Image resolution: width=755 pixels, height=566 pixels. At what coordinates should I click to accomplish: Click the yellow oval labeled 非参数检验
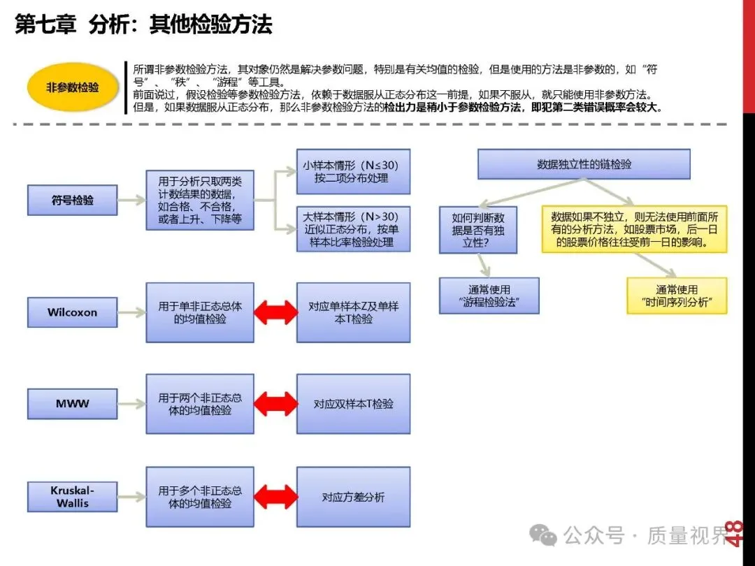[73, 88]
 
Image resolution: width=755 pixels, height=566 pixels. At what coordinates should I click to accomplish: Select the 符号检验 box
[72, 201]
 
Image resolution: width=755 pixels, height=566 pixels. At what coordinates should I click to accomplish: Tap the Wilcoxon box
[72, 312]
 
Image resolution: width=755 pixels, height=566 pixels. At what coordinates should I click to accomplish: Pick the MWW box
[72, 404]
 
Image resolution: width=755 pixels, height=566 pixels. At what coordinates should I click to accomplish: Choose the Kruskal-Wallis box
[72, 497]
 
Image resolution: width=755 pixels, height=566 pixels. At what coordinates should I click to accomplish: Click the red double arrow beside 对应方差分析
[275, 497]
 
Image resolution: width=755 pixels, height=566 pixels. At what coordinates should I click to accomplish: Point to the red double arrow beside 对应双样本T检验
[275, 404]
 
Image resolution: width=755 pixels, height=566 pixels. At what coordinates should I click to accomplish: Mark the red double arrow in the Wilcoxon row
[275, 312]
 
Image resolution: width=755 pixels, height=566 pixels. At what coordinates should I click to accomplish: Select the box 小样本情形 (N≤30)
[353, 172]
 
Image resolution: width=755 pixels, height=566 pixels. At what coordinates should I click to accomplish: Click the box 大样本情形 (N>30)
[353, 228]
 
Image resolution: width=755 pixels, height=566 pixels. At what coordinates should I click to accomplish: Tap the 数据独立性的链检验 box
[584, 165]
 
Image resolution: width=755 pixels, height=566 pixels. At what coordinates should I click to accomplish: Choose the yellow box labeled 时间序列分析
[677, 296]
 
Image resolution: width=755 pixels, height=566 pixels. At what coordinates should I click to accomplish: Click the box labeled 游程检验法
[489, 296]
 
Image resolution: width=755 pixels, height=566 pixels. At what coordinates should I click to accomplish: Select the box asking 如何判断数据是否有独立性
[478, 230]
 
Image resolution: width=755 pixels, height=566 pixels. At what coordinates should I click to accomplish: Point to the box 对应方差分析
[353, 497]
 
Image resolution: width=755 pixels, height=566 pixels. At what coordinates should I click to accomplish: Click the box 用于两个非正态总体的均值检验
[200, 404]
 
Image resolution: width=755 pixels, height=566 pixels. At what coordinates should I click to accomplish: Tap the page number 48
[734, 533]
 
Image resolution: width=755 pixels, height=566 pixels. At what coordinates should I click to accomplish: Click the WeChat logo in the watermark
[543, 535]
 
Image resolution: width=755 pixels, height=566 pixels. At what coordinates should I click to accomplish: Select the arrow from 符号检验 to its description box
[131, 201]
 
